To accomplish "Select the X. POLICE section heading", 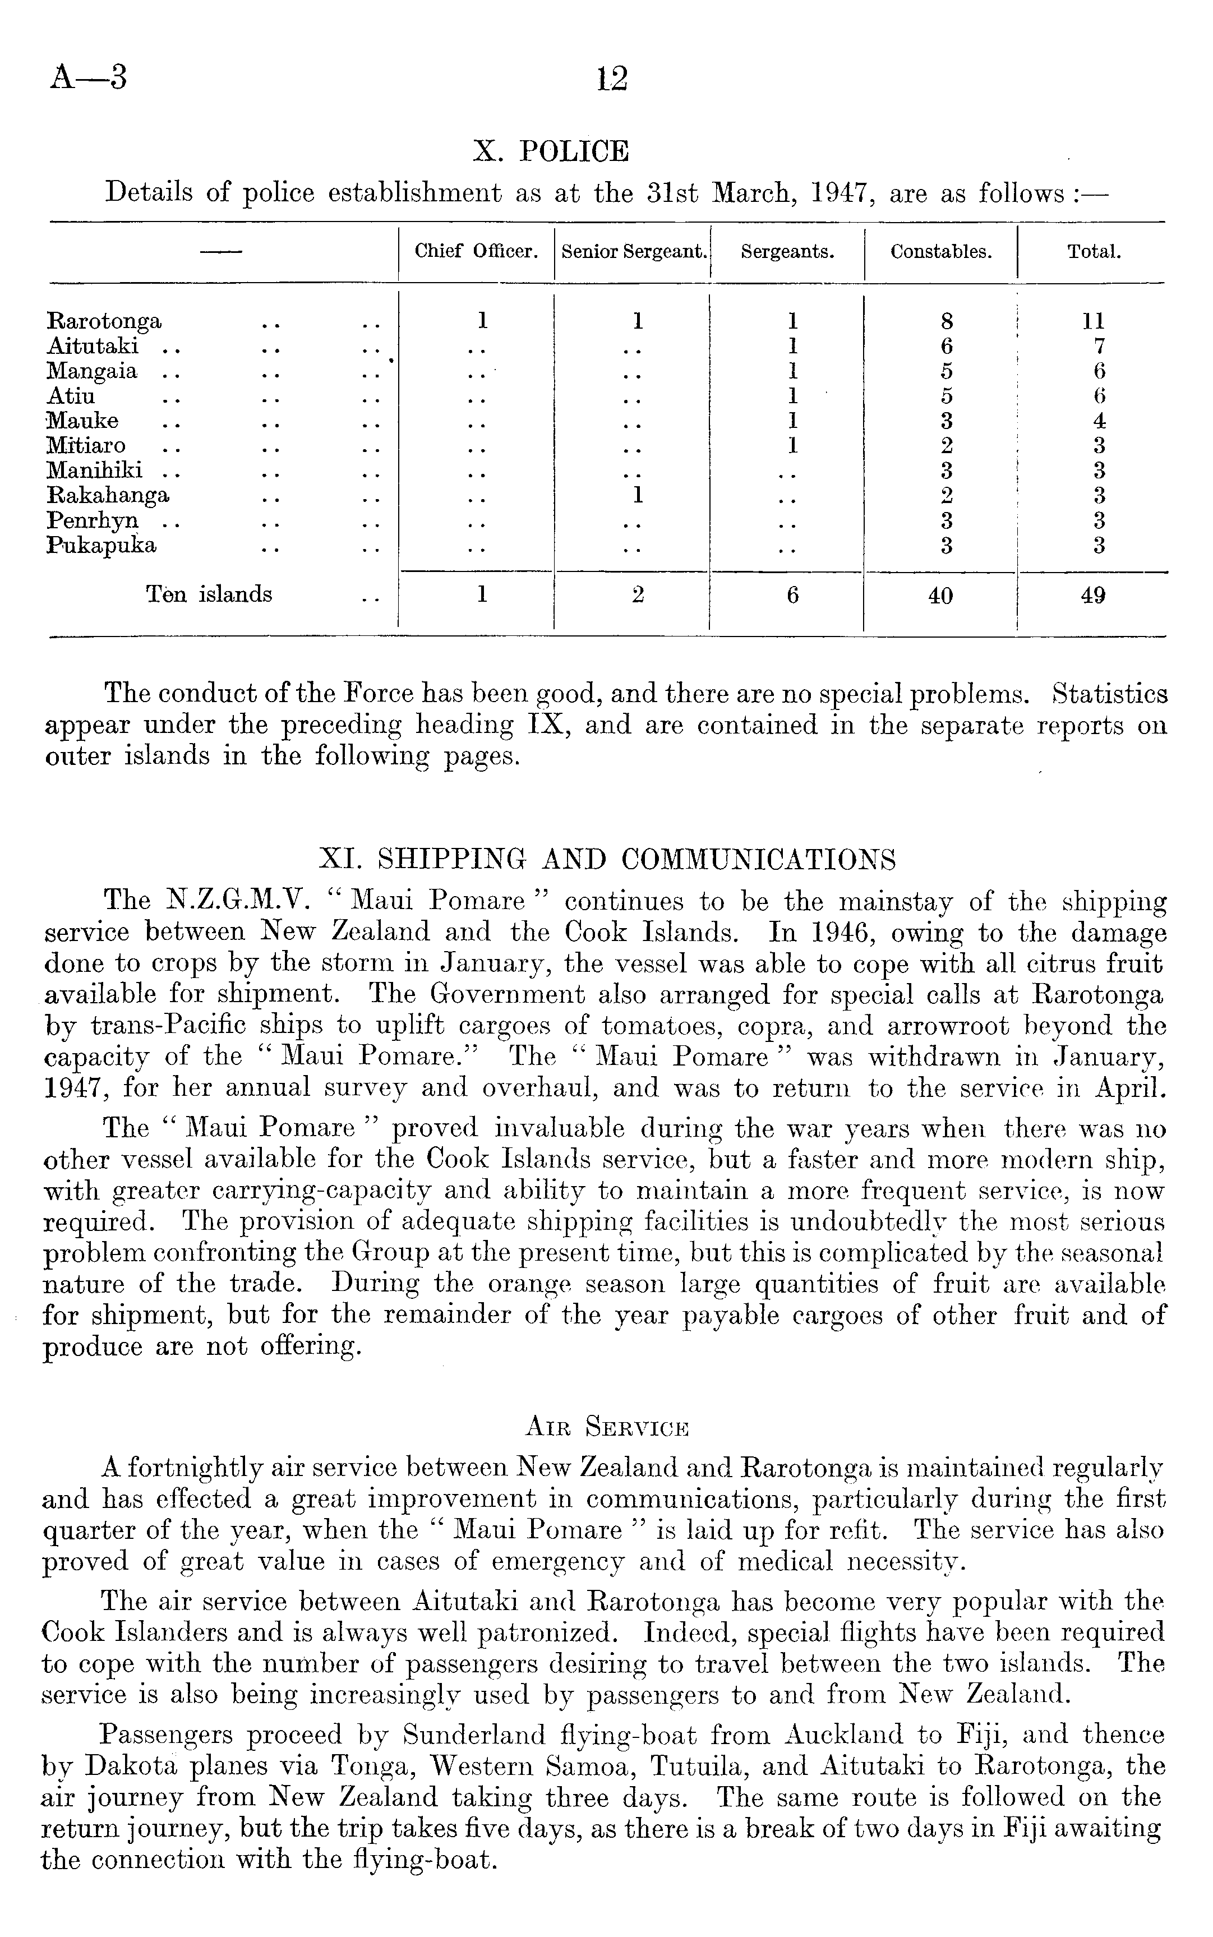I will [551, 151].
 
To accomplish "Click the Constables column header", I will [941, 252].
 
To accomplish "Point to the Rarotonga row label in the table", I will [104, 322].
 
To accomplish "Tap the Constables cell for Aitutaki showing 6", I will [947, 347].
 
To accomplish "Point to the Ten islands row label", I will [209, 594].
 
